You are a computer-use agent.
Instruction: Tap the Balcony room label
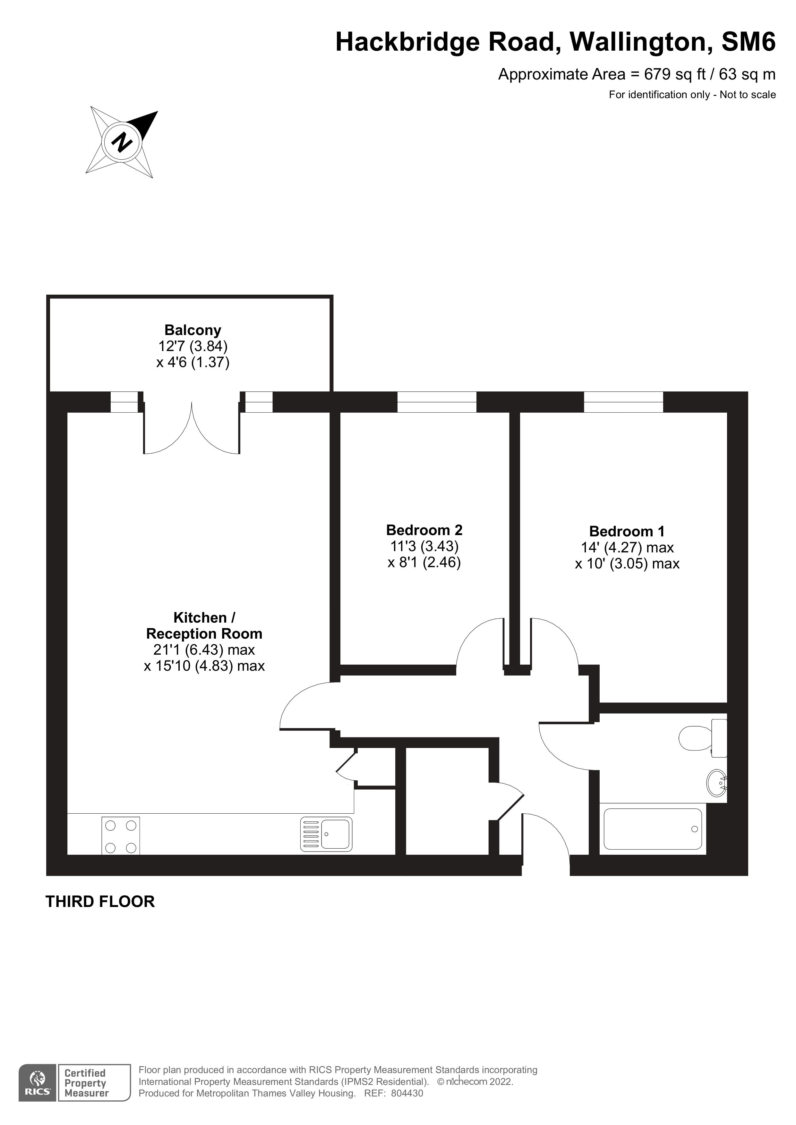pos(193,330)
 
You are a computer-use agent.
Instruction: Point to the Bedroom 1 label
pos(627,531)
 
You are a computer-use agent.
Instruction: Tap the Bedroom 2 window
pos(436,402)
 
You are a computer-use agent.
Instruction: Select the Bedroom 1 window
pos(623,402)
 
